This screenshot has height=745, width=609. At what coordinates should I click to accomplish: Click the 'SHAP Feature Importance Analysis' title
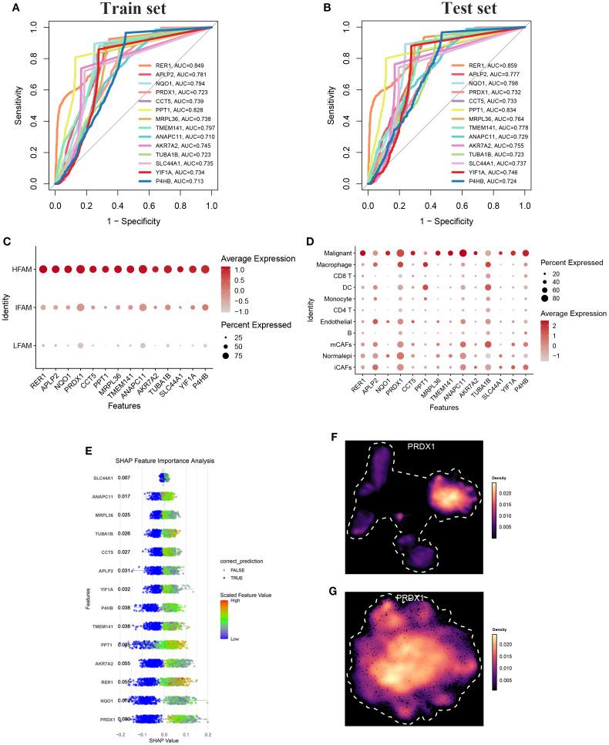click(164, 461)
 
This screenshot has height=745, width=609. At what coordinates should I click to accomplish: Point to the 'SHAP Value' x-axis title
click(164, 740)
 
